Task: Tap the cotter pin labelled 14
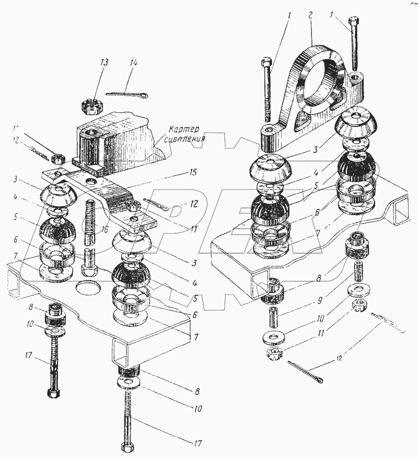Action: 127,95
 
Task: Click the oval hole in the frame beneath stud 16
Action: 88,287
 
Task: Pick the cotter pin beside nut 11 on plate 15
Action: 155,206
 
